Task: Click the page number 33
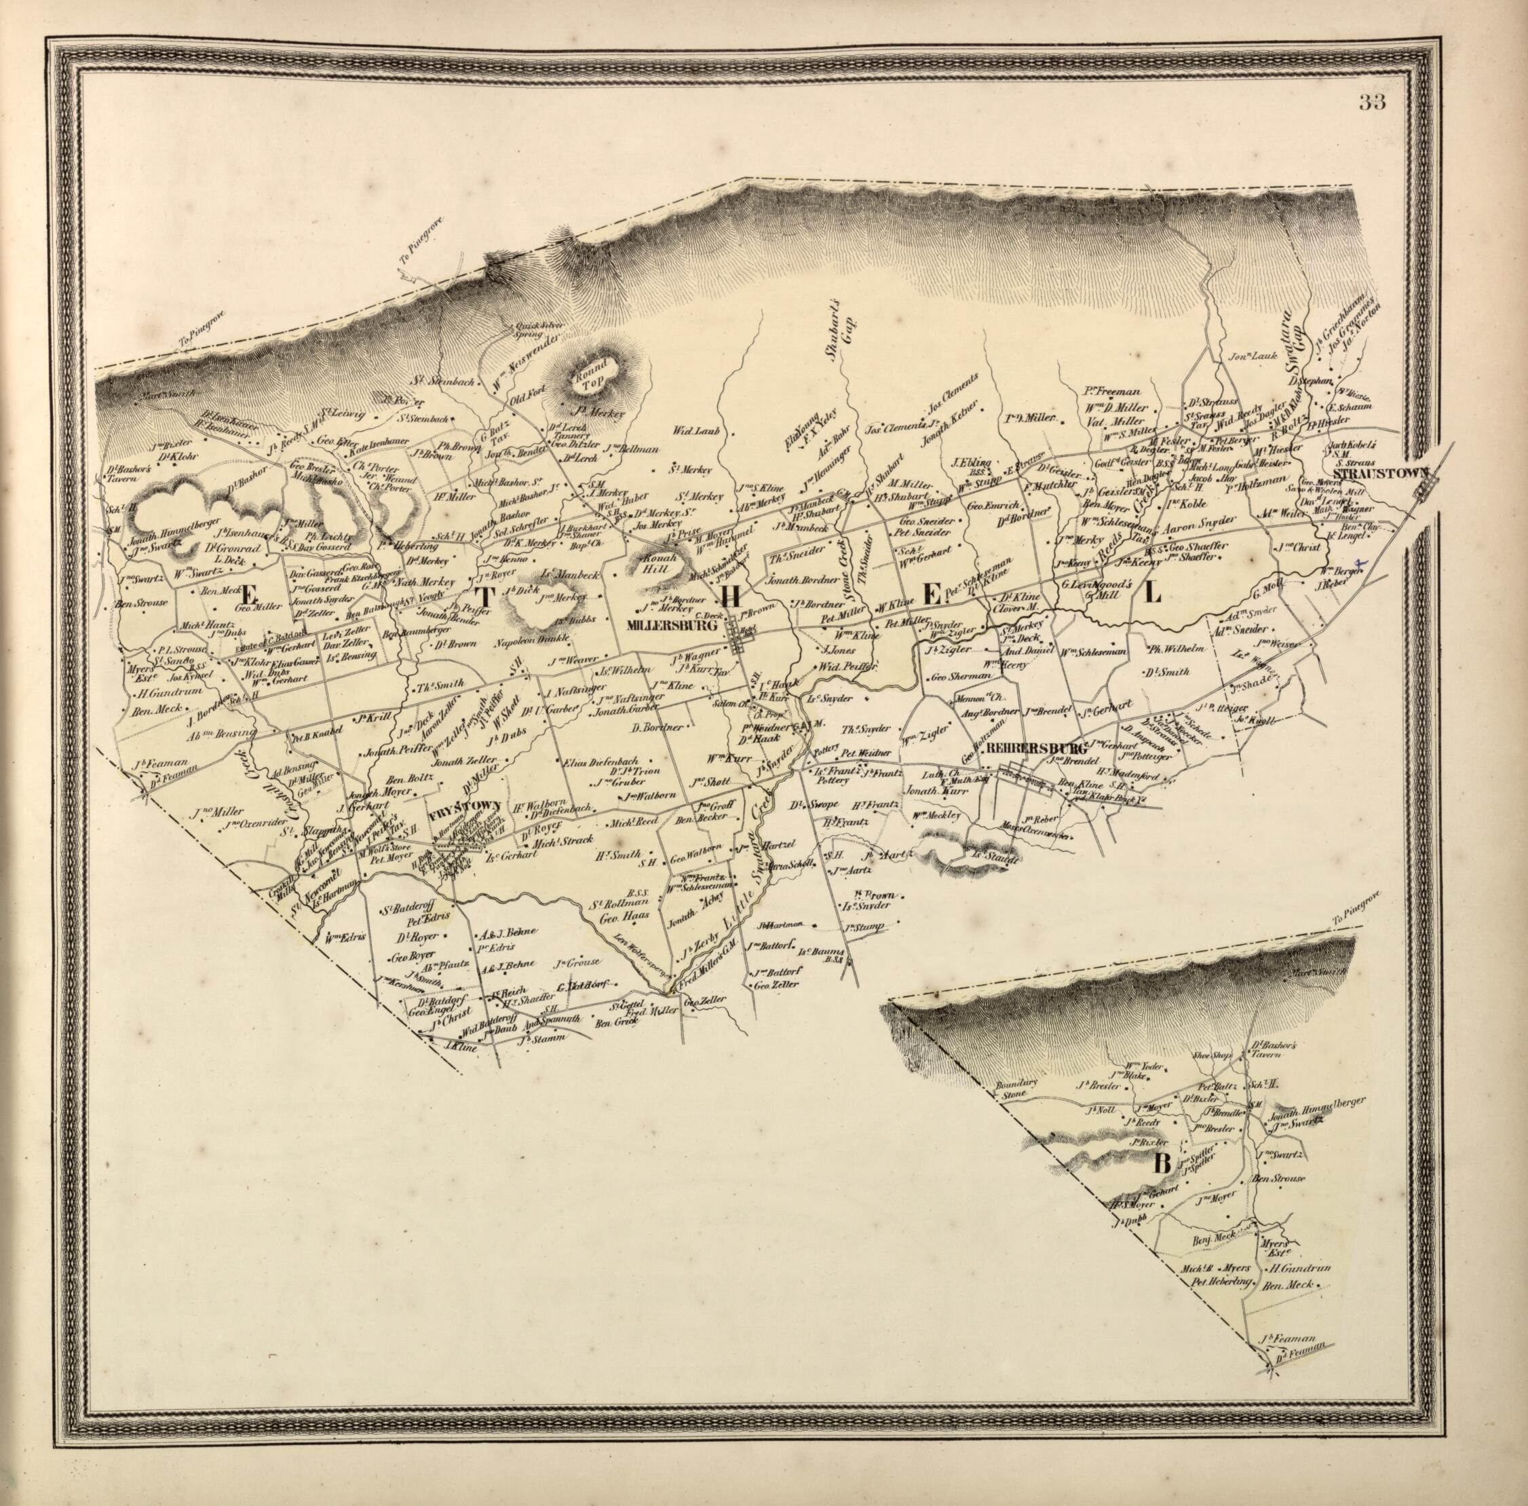(1372, 102)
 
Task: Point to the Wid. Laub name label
(693, 432)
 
